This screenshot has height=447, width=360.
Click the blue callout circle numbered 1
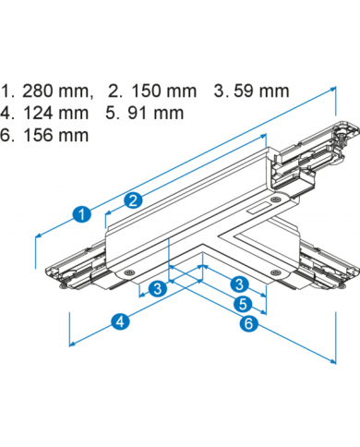[82, 214]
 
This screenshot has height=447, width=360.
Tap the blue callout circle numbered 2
[133, 200]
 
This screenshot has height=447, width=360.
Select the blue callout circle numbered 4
[121, 321]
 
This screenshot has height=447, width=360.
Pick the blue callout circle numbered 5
[243, 304]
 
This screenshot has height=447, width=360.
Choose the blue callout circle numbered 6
[248, 323]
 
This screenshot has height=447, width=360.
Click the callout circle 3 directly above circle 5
[240, 284]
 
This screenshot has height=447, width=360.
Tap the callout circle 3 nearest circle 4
[158, 288]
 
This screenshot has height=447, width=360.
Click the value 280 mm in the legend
[55, 91]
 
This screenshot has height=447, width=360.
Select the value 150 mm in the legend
[163, 91]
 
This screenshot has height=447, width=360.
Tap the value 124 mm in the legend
[55, 113]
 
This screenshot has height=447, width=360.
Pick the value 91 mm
[156, 113]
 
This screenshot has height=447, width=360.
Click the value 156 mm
[55, 135]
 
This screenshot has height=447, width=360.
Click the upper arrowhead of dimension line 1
[333, 89]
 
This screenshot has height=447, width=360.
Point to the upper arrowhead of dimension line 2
[263, 136]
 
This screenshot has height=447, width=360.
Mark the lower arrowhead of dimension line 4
[72, 344]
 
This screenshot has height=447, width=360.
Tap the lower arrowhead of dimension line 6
[333, 361]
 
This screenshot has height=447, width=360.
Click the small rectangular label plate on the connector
[257, 209]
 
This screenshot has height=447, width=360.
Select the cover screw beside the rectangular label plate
[275, 199]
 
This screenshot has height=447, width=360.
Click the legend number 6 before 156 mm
[6, 135]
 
